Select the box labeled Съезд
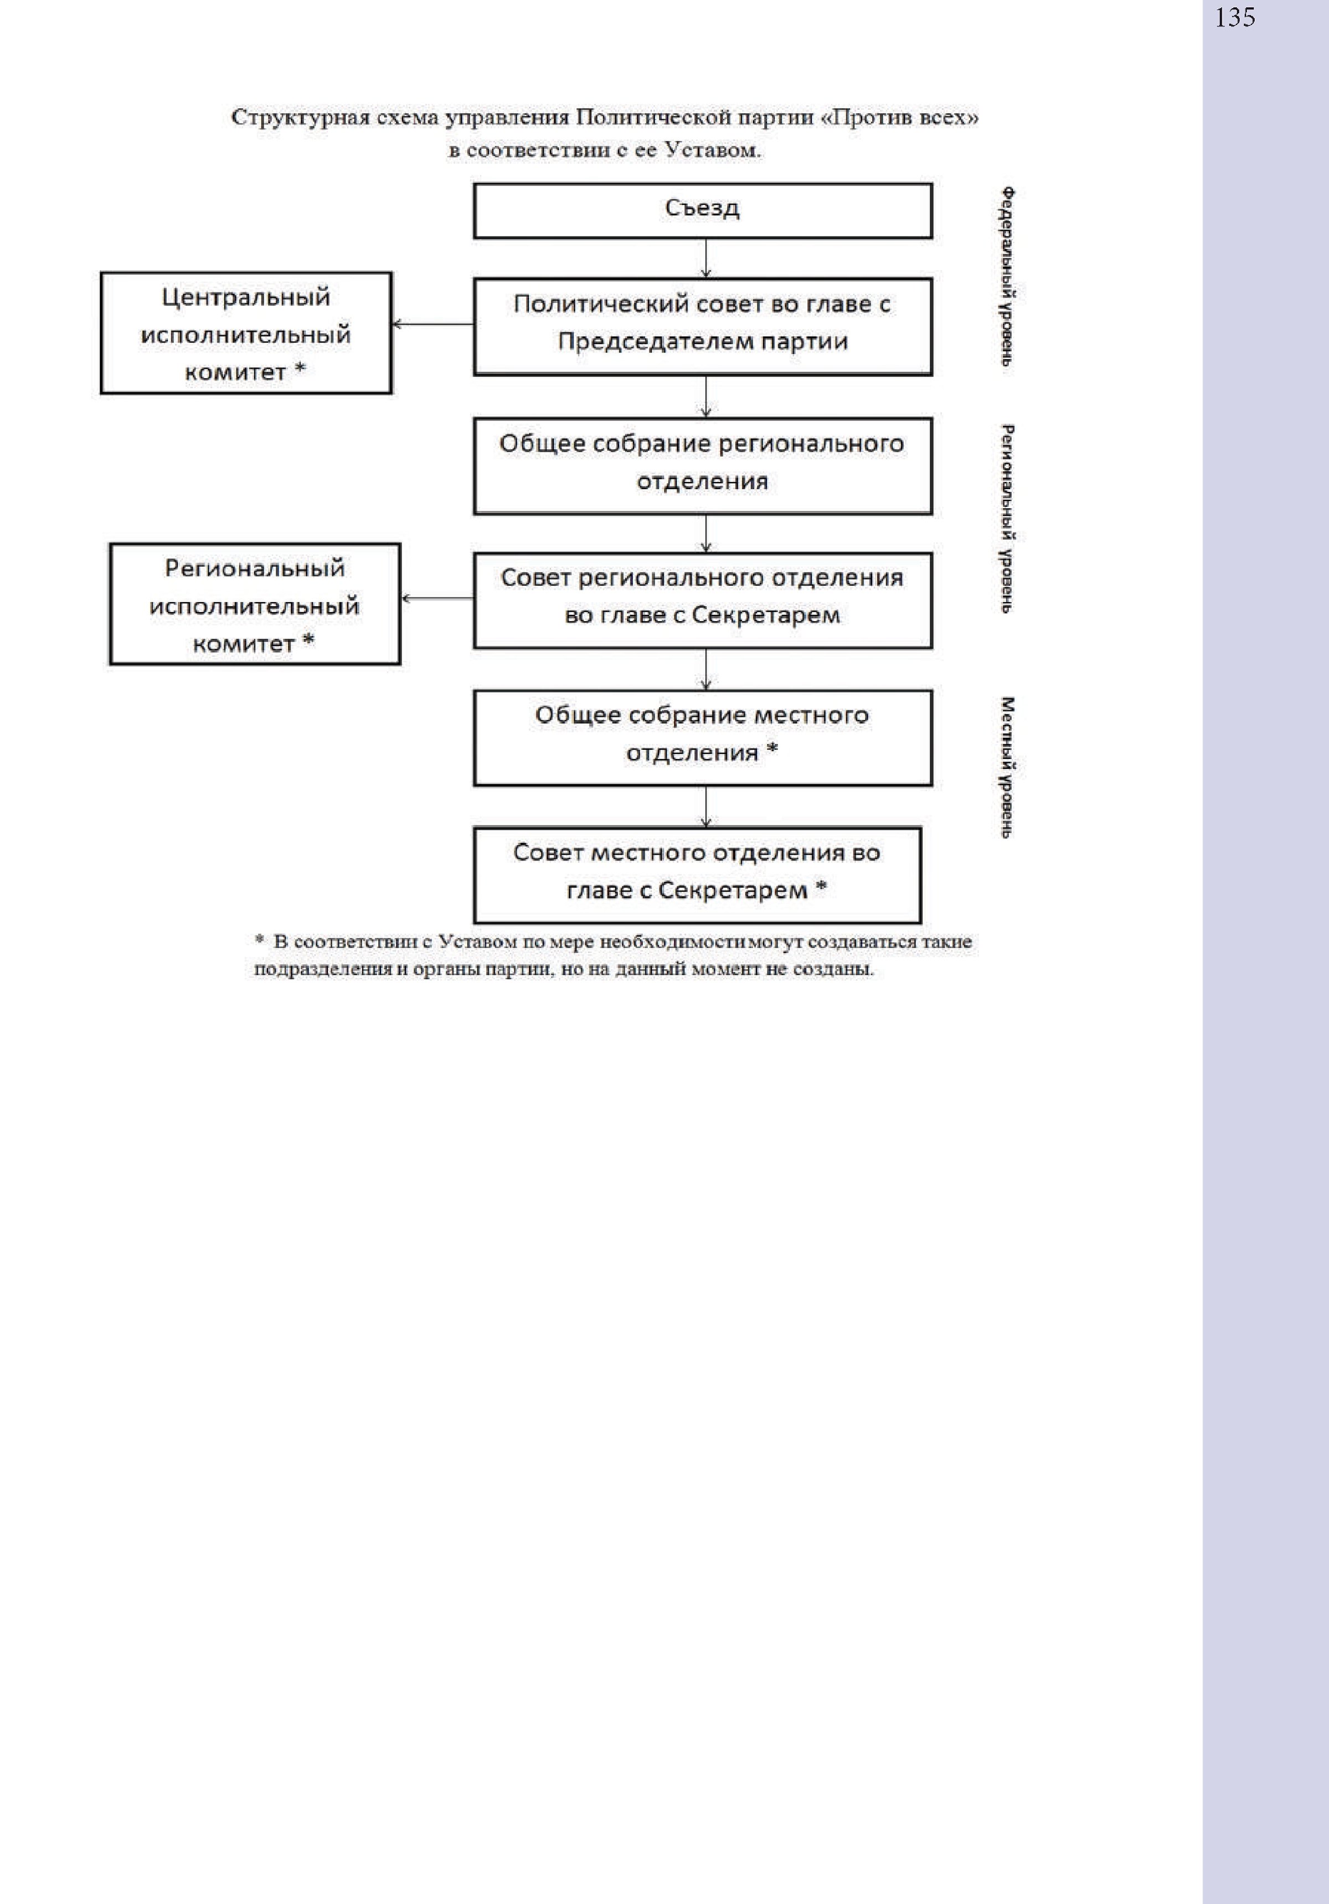click(x=703, y=211)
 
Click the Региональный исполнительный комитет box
click(x=255, y=604)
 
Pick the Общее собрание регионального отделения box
click(x=703, y=466)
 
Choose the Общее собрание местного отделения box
click(x=703, y=738)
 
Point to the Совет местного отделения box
click(x=697, y=875)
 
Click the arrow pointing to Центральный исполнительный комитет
click(x=432, y=324)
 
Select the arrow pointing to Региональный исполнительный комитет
click(x=437, y=598)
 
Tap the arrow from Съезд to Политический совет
click(x=705, y=258)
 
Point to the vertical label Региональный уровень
click(x=1006, y=520)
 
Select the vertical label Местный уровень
click(x=1006, y=767)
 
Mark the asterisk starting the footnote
click(x=260, y=940)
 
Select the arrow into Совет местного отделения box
click(x=705, y=807)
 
